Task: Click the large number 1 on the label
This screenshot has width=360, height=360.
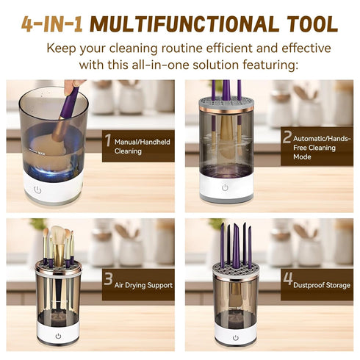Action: click(108, 140)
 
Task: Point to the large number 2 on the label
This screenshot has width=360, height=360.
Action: click(287, 138)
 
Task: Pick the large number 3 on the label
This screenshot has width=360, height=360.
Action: click(108, 279)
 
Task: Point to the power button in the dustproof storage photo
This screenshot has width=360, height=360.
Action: click(235, 338)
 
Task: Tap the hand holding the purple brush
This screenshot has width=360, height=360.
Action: click(71, 87)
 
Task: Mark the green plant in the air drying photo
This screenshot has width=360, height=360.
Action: click(37, 224)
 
